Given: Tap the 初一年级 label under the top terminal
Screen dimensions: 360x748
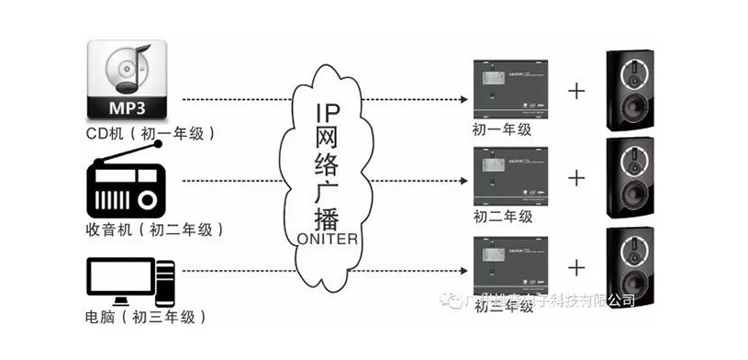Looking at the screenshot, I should (x=502, y=130).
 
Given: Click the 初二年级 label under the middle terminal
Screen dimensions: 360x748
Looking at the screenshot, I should (x=502, y=218).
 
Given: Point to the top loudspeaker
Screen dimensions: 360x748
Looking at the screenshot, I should (x=633, y=92).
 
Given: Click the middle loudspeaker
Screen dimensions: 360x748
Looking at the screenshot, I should (x=633, y=179).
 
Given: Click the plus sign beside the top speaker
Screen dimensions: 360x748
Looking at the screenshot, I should (x=576, y=91).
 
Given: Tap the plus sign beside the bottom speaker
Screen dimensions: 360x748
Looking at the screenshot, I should (x=576, y=267).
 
